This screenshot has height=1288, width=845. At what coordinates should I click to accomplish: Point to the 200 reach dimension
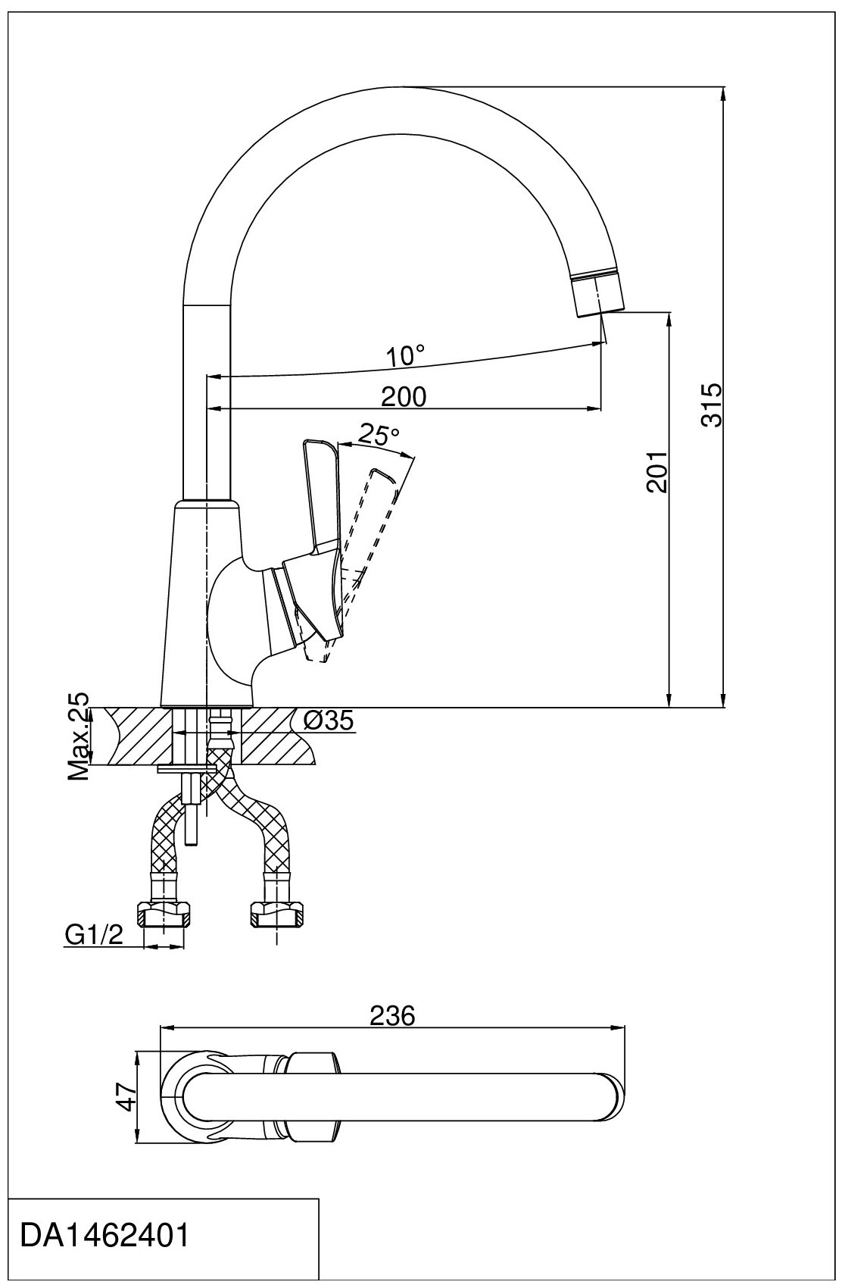pyautogui.click(x=403, y=396)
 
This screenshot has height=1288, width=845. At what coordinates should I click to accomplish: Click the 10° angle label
pyautogui.click(x=405, y=355)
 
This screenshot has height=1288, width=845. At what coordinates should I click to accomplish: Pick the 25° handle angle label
pyautogui.click(x=378, y=435)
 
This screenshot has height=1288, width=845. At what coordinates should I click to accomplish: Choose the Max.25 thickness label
pyautogui.click(x=79, y=736)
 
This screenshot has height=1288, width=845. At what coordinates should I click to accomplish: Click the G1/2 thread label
pyautogui.click(x=94, y=936)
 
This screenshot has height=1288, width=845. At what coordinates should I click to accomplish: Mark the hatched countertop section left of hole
pyautogui.click(x=136, y=736)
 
